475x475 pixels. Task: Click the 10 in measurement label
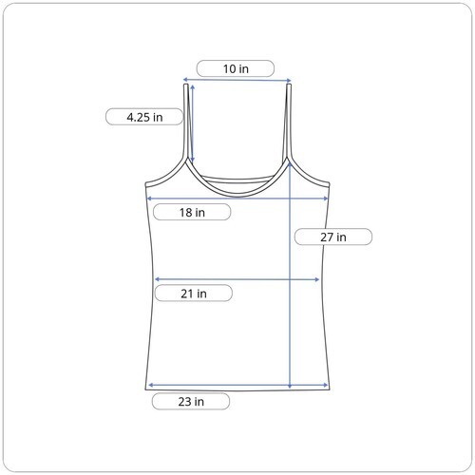point(236,68)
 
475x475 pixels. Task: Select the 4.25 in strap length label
point(144,117)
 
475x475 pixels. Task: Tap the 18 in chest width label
point(192,212)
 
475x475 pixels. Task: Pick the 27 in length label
point(333,237)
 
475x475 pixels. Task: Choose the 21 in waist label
point(194,294)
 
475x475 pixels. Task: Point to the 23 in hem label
point(191,401)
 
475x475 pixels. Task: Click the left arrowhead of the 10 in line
point(185,80)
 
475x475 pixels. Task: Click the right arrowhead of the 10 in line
point(289,80)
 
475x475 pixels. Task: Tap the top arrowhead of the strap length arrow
point(193,87)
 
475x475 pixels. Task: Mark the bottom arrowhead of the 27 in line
point(290,386)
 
